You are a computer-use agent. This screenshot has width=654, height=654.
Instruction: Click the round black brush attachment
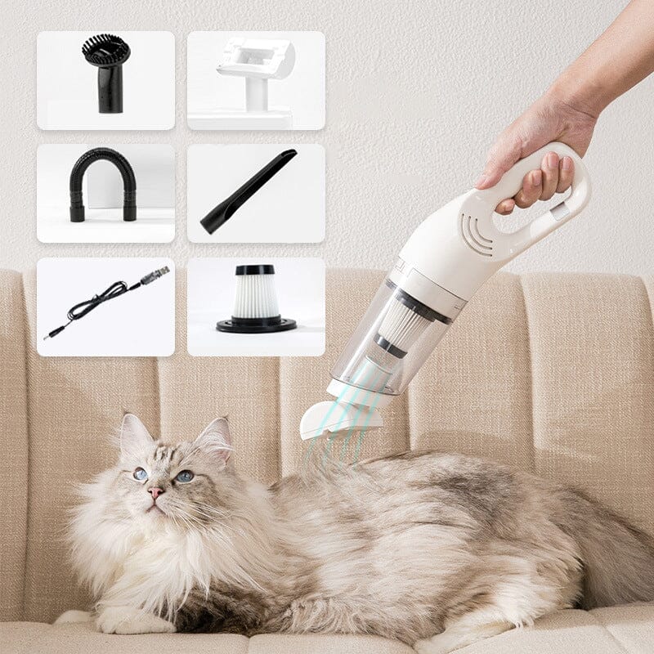pyautogui.click(x=106, y=78)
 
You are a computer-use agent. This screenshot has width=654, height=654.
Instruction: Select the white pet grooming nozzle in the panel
pyautogui.click(x=256, y=74)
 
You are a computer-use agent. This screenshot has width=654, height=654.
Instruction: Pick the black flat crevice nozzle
pyautogui.click(x=249, y=190)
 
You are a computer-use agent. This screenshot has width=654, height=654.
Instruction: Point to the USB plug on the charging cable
pyautogui.click(x=157, y=275)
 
